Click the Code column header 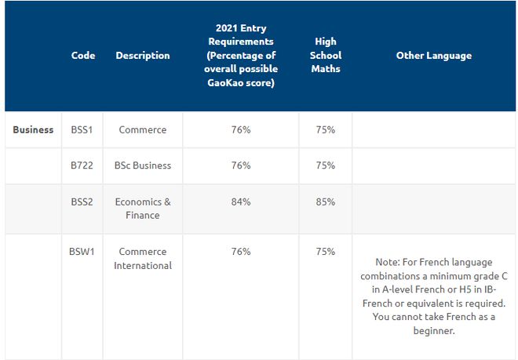tap(83, 55)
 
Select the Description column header tap(143, 55)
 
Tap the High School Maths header tap(326, 55)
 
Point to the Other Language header tap(434, 56)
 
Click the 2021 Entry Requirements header tap(241, 55)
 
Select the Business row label tap(33, 129)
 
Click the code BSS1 tap(82, 129)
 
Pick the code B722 tap(82, 165)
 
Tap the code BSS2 tap(82, 202)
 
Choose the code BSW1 tap(82, 251)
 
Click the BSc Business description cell tap(143, 165)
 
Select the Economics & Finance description tap(143, 209)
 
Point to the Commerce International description tap(143, 258)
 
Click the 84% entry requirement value tap(241, 202)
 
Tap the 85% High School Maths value tap(326, 202)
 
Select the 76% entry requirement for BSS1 tap(241, 129)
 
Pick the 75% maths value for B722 tap(326, 165)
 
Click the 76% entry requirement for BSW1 tap(241, 251)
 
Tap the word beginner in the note tap(434, 331)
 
